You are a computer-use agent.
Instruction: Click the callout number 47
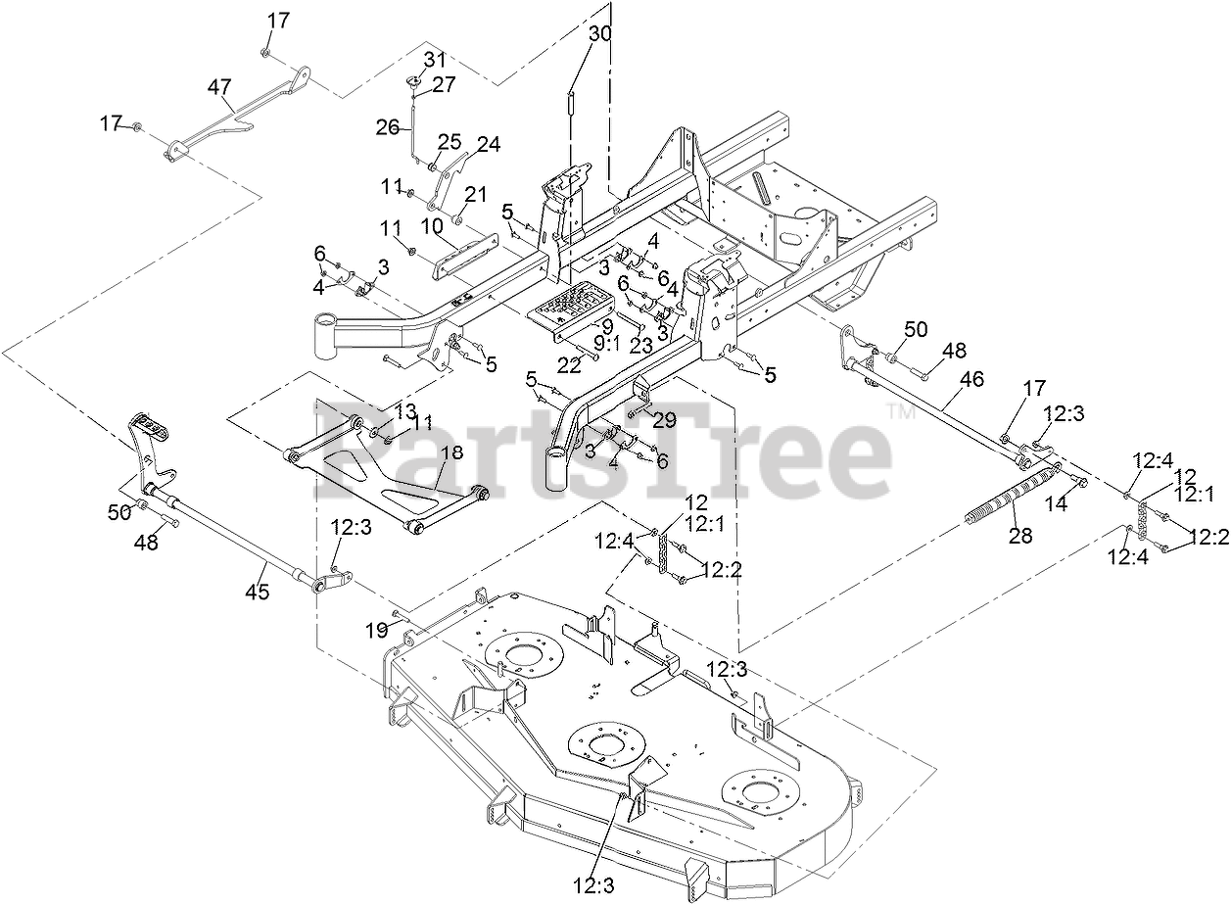coord(220,86)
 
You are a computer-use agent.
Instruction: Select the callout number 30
coord(600,32)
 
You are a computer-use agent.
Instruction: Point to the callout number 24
coord(488,145)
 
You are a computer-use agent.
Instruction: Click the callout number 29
coord(665,420)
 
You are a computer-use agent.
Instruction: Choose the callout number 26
coord(388,126)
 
